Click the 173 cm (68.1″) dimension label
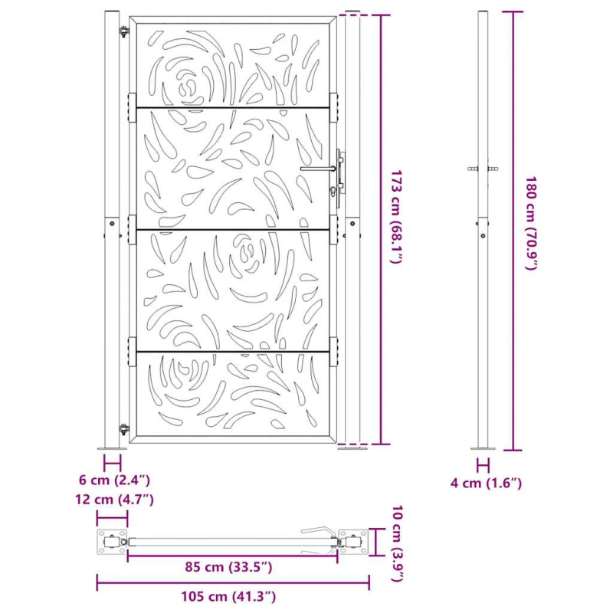[395, 217]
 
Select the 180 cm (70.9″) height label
[531, 223]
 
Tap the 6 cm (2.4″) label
[113, 480]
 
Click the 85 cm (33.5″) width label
[228, 567]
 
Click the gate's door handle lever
[317, 169]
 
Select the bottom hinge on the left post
[123, 430]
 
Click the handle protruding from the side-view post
[484, 169]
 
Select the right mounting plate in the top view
[353, 543]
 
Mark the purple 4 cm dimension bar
[483, 464]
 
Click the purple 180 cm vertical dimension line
[513, 230]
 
